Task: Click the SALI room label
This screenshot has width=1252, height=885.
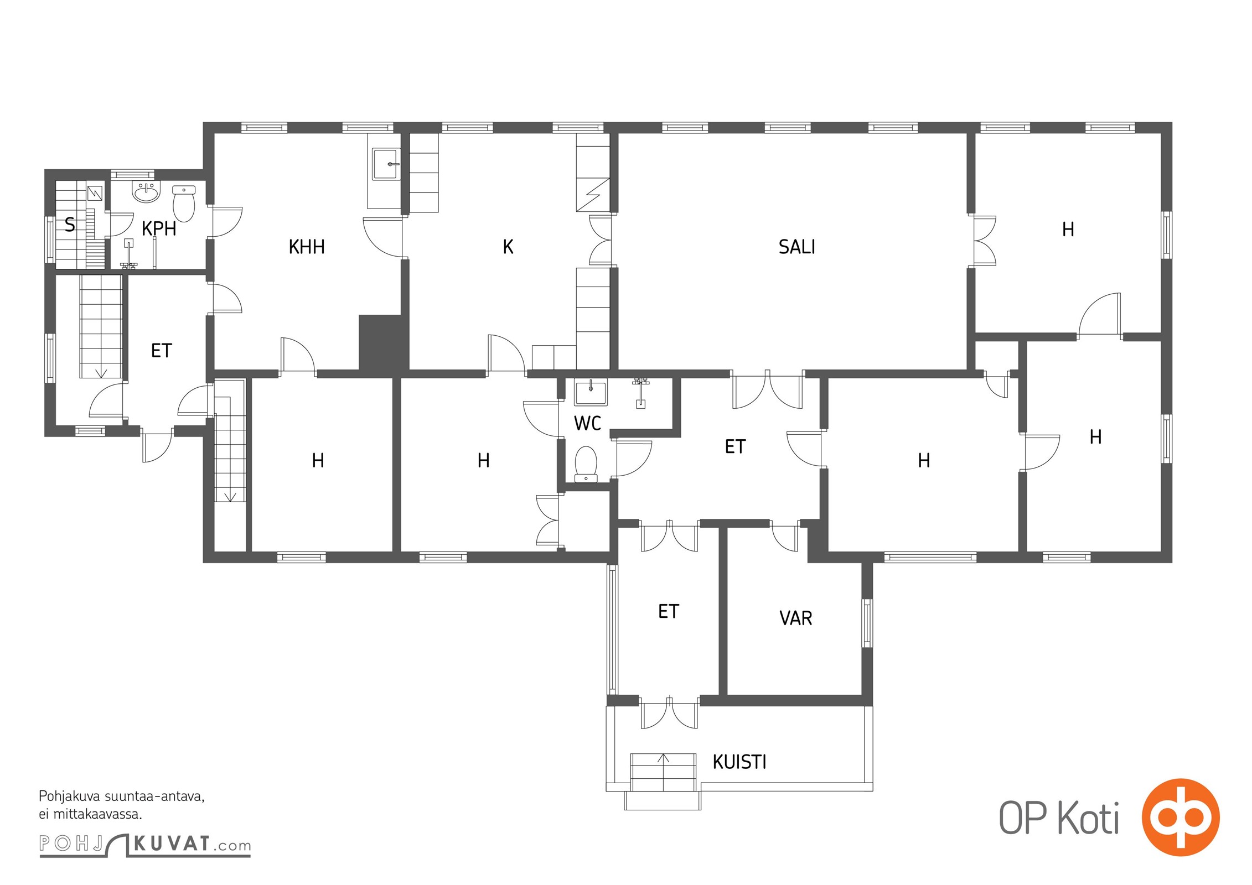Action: (x=796, y=247)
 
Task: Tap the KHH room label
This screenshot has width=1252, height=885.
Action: (x=307, y=247)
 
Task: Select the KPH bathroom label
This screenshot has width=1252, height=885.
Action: (x=159, y=228)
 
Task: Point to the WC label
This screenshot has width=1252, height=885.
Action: (x=587, y=424)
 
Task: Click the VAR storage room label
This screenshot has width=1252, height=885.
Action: (x=795, y=618)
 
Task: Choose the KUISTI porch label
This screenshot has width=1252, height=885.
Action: (x=739, y=762)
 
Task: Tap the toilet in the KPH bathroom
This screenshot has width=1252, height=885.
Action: (x=184, y=204)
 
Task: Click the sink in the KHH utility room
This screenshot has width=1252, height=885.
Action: (x=386, y=164)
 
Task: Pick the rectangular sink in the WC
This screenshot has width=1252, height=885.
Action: (x=591, y=392)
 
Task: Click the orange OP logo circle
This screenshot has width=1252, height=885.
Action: (x=1181, y=818)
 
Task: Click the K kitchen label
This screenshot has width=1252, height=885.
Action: (x=508, y=247)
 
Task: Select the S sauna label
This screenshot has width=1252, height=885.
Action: (x=70, y=225)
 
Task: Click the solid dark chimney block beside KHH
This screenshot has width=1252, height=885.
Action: (x=384, y=342)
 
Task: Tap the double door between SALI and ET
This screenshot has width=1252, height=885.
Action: (x=767, y=389)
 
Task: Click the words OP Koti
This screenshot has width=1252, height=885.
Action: (x=1059, y=819)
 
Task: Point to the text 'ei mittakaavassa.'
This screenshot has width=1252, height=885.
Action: (x=90, y=814)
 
